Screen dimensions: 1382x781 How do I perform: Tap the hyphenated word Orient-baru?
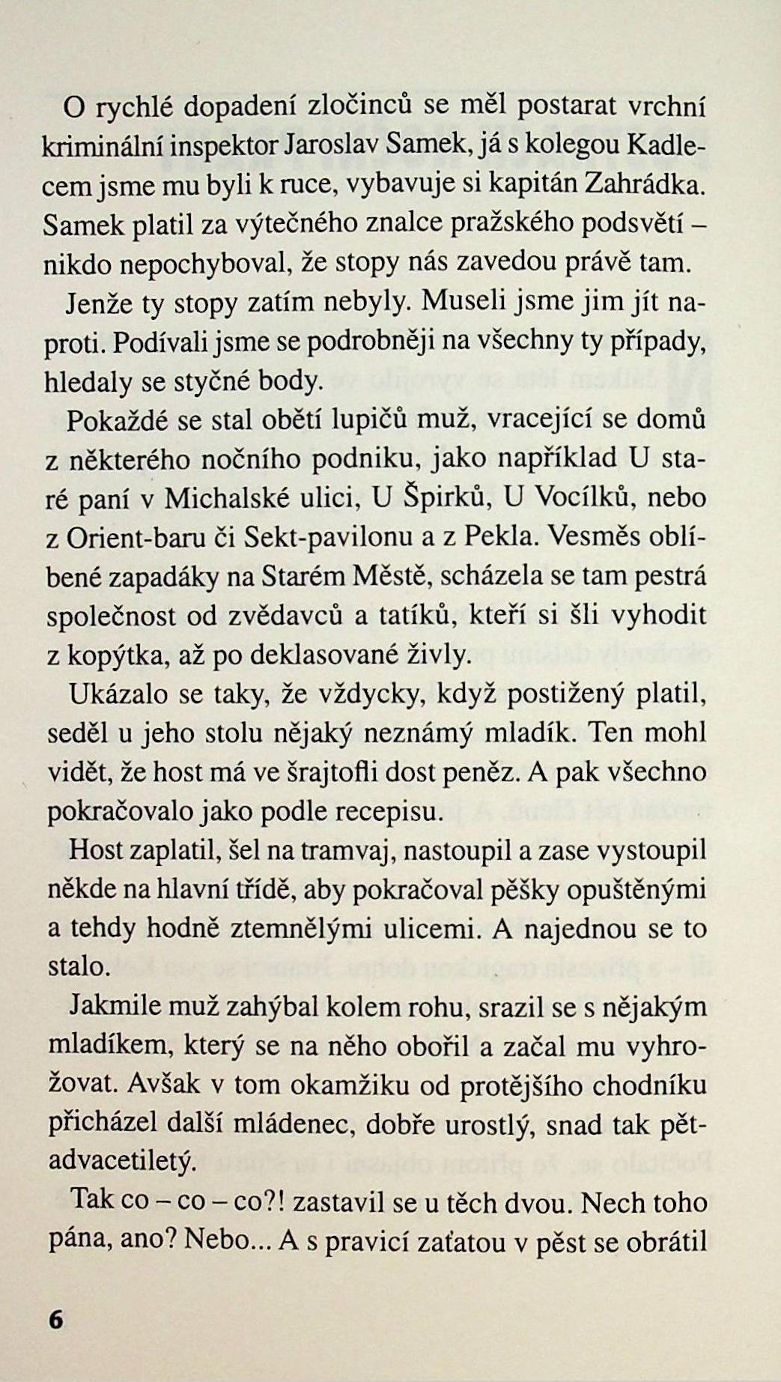(x=133, y=538)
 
